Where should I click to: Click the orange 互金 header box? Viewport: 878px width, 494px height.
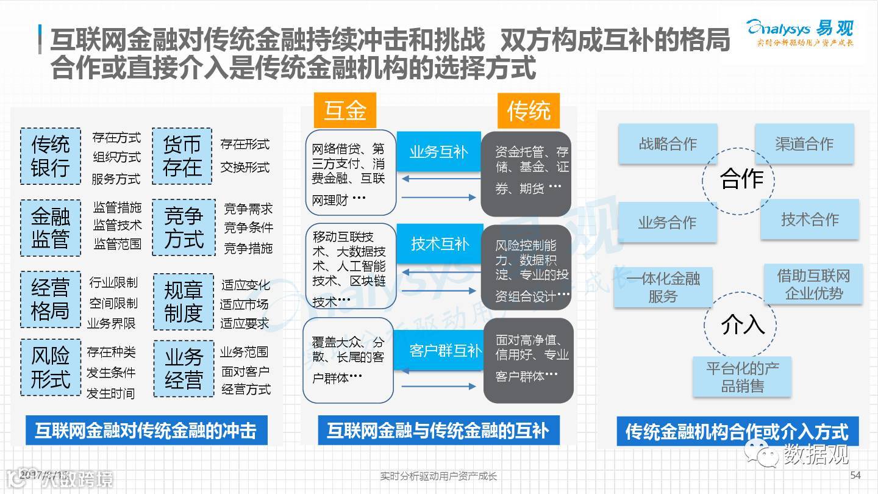(345, 110)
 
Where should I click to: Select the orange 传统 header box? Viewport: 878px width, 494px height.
(529, 110)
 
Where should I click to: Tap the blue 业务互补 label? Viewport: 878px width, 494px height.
(438, 152)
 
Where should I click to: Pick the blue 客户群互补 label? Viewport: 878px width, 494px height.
(445, 351)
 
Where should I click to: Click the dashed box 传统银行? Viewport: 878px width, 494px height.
(51, 156)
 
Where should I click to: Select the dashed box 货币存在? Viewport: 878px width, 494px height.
(182, 156)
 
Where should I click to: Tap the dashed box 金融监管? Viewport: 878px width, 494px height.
(51, 227)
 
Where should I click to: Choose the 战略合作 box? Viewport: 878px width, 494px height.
(668, 144)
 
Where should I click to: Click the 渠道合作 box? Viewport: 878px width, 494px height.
(804, 144)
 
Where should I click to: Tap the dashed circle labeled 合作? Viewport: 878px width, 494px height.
(741, 179)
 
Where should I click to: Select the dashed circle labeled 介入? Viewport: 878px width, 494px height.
(742, 324)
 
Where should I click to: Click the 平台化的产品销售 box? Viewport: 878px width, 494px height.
(742, 377)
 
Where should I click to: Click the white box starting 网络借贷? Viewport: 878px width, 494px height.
(350, 172)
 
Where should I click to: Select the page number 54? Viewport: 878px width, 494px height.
(855, 476)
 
